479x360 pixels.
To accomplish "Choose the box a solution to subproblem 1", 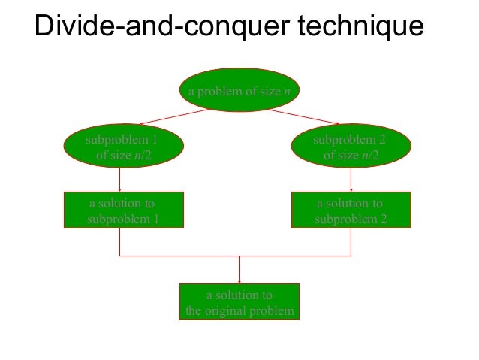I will click(x=122, y=211).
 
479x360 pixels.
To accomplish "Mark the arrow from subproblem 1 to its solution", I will click(x=120, y=180).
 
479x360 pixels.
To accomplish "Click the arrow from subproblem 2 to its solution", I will click(x=351, y=180).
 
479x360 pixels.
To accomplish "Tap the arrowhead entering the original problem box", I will click(x=239, y=279).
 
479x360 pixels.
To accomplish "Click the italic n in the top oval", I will click(x=288, y=92).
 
